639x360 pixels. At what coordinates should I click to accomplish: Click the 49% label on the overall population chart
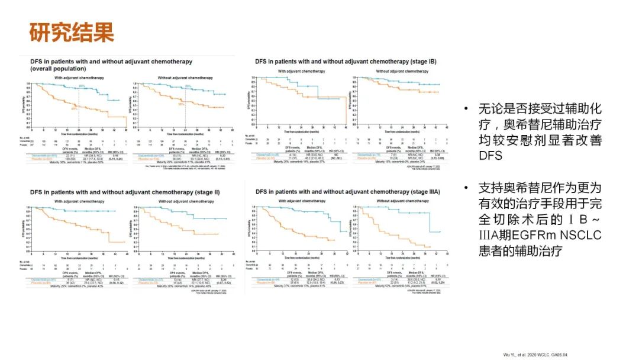(x=75, y=108)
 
